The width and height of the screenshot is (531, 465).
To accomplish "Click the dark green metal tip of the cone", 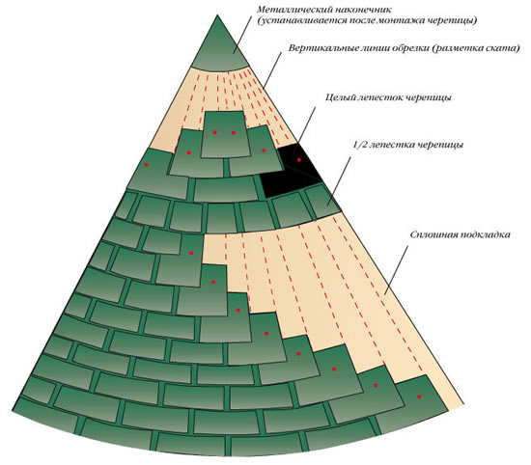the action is coord(218,47).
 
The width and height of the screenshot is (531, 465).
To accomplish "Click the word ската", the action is coord(504,48).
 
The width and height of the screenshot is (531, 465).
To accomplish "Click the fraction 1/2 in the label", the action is coord(359,145).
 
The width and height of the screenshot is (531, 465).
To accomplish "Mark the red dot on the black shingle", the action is coord(298,160).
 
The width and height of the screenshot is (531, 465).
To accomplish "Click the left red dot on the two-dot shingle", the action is coord(214,133).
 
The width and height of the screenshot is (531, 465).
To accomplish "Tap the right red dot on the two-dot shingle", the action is coord(234,133).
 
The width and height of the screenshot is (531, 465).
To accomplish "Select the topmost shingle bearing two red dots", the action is coord(224,135).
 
